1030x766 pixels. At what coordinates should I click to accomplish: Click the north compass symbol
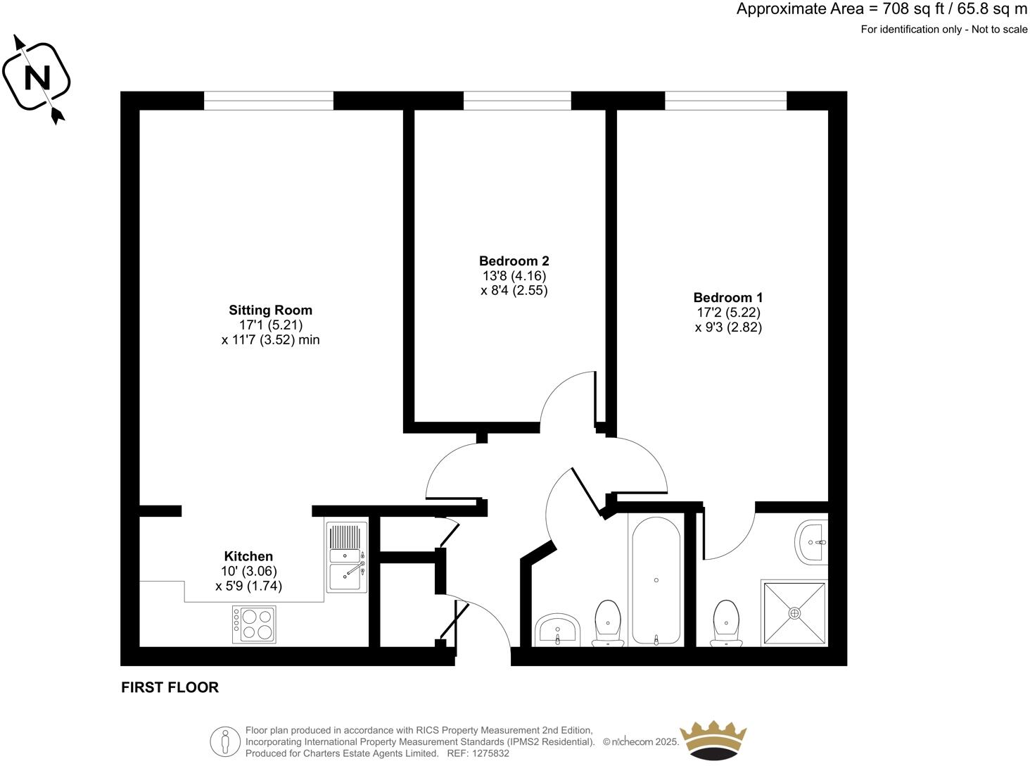click(x=37, y=77)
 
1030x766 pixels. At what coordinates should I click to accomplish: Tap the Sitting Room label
click(x=270, y=310)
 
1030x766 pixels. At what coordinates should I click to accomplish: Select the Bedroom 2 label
click(x=514, y=260)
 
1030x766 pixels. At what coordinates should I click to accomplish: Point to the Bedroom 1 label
click(x=727, y=297)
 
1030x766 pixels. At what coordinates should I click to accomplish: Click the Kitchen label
click(x=248, y=556)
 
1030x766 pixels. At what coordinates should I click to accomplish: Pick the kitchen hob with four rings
click(x=254, y=624)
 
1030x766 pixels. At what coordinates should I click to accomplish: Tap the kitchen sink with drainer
click(x=347, y=557)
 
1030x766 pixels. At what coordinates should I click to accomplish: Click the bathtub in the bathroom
click(x=656, y=580)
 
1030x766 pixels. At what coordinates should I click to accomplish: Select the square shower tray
click(x=794, y=613)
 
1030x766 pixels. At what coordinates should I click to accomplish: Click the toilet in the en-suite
click(x=725, y=622)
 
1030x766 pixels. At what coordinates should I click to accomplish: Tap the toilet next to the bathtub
click(x=607, y=622)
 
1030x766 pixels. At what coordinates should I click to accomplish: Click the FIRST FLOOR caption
click(x=170, y=687)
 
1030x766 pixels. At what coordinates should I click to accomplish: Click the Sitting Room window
click(x=268, y=101)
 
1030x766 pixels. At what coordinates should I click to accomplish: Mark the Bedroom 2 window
click(x=517, y=101)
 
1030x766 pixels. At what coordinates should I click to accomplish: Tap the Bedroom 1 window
click(x=725, y=101)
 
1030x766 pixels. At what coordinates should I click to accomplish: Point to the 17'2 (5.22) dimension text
click(x=728, y=312)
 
